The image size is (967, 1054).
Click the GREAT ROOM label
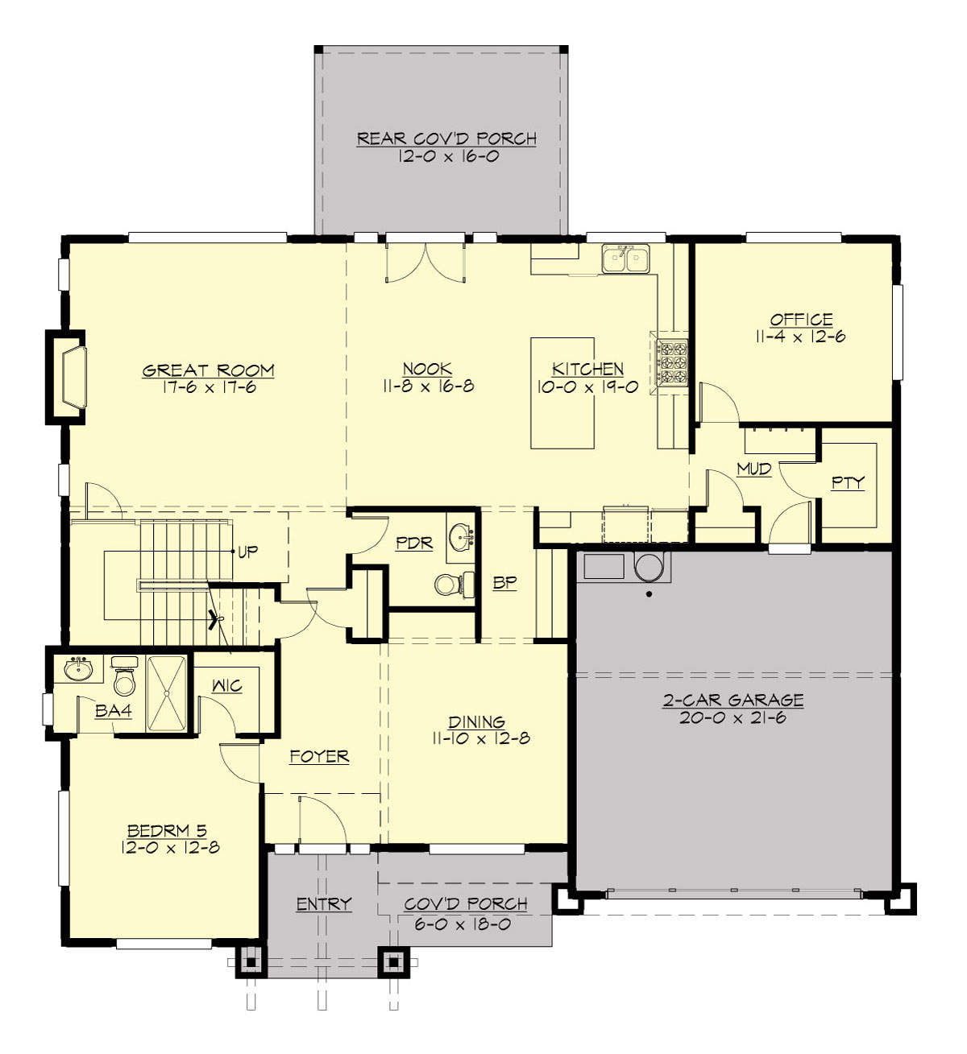point(208,370)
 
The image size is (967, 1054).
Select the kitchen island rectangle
point(562,392)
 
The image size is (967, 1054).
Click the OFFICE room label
point(800,319)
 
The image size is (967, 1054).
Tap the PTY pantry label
point(848,482)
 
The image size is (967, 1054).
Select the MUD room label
point(753,469)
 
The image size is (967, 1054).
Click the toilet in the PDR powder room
point(447,584)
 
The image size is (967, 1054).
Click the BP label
point(504,583)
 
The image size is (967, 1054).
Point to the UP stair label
point(248,553)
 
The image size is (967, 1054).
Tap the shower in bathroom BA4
point(166,693)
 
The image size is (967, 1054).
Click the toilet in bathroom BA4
point(124,677)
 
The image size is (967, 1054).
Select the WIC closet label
point(226,686)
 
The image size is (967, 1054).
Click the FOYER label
point(319,756)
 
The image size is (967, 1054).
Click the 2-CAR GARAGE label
point(733,700)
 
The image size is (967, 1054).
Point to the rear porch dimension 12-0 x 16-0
point(447,156)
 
